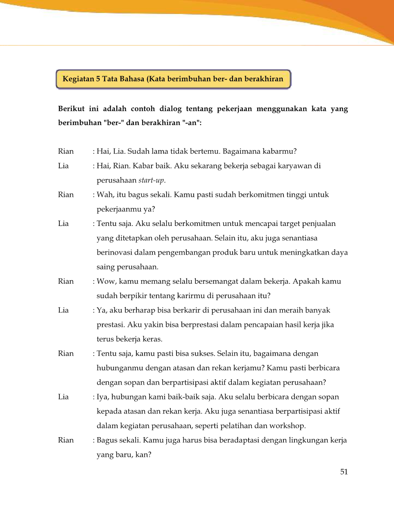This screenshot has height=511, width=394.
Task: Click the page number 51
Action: pyautogui.click(x=344, y=472)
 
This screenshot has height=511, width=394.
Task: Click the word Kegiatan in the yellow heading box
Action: pyautogui.click(x=78, y=79)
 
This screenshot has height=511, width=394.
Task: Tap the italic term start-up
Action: pyautogui.click(x=151, y=180)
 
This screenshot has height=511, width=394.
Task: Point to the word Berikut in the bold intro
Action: pyautogui.click(x=71, y=109)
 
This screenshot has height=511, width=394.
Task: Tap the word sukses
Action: pyautogui.click(x=201, y=354)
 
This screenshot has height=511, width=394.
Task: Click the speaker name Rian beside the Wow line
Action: pyautogui.click(x=66, y=281)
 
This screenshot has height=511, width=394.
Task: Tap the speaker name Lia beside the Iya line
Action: pyautogui.click(x=63, y=397)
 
